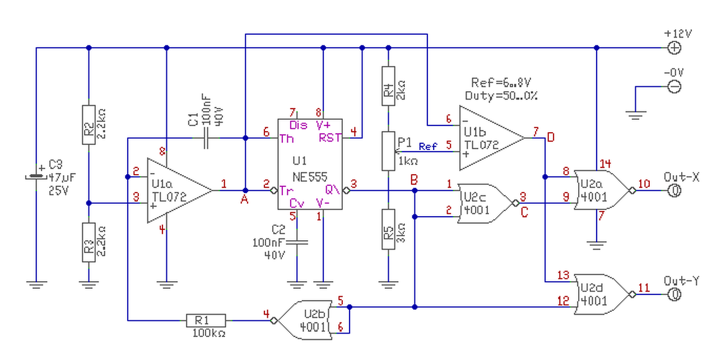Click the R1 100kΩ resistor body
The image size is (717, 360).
pyautogui.click(x=206, y=320)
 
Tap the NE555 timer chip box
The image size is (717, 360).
pyautogui.click(x=310, y=165)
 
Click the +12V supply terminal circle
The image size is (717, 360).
pyautogui.click(x=675, y=48)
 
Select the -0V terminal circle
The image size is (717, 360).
pyautogui.click(x=675, y=86)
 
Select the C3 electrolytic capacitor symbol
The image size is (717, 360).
pyautogui.click(x=36, y=176)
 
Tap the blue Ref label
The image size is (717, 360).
pyautogui.click(x=429, y=147)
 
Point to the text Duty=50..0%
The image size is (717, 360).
pyautogui.click(x=501, y=95)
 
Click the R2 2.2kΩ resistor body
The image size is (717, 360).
pyautogui.click(x=89, y=124)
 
